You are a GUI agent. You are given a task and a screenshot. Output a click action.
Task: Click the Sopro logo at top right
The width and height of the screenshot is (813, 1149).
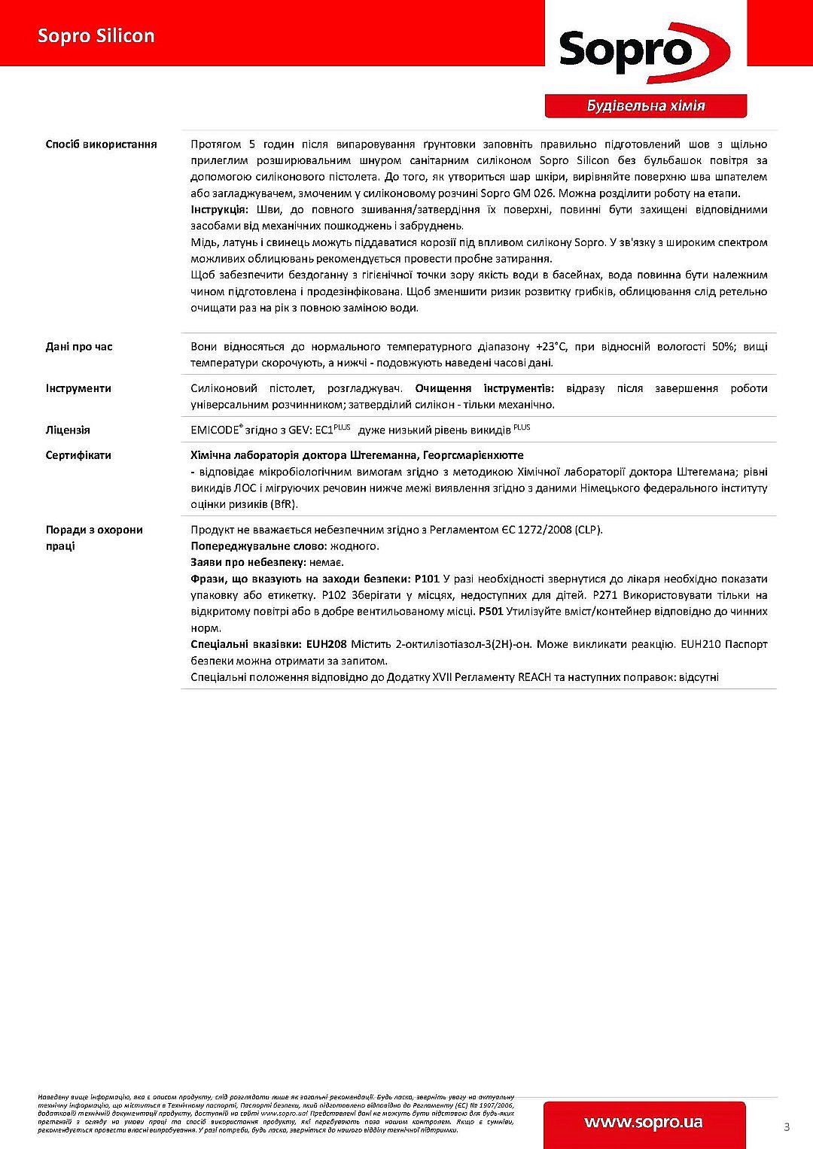644,50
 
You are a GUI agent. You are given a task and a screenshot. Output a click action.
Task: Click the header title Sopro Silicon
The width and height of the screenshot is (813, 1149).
96,36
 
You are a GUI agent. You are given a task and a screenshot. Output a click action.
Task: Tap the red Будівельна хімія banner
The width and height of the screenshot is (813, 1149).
645,106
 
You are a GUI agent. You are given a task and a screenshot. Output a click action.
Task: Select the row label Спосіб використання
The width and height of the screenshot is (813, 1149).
101,144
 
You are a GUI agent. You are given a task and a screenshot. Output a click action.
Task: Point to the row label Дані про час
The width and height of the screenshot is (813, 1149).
79,347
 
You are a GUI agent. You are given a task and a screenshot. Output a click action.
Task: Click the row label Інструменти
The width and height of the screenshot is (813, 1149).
78,388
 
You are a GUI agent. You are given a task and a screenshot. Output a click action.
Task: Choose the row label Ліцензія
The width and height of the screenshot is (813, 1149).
68,430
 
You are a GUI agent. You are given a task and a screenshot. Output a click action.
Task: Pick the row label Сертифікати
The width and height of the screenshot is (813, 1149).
78,455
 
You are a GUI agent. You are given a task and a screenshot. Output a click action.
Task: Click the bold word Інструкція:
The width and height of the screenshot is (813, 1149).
219,210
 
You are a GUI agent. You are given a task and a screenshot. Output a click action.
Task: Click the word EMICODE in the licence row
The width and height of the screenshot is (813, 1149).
215,430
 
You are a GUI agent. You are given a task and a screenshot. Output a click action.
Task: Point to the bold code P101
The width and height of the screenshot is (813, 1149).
427,579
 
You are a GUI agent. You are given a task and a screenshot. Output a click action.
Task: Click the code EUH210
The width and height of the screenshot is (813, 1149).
700,644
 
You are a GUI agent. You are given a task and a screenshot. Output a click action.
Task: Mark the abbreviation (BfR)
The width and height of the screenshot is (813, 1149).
282,504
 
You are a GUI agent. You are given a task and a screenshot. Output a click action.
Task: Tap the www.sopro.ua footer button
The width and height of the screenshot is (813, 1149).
644,1123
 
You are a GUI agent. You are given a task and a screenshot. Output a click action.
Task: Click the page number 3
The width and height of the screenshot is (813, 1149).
787,1126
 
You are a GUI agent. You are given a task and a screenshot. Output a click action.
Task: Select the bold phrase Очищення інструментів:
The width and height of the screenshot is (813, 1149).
484,388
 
